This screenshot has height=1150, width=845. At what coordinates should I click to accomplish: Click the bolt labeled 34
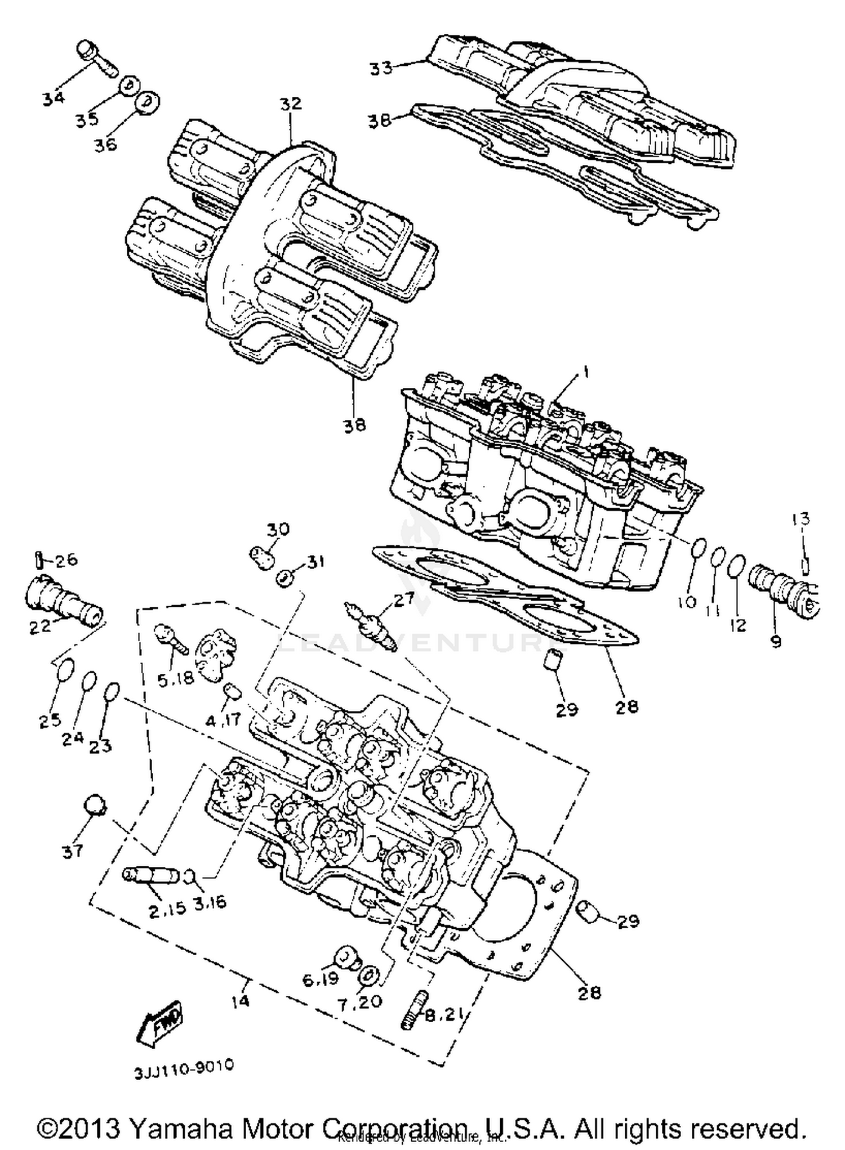97,59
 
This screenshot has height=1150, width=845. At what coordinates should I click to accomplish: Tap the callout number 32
291,104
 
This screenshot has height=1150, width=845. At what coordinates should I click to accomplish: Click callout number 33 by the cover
381,69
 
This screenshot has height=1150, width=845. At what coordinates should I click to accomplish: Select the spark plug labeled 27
372,624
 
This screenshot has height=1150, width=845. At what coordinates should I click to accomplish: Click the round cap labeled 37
94,806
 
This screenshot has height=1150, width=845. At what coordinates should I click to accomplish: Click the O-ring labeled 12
737,565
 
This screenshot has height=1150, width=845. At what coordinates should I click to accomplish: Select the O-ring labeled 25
66,670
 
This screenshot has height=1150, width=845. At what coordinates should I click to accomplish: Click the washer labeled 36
148,102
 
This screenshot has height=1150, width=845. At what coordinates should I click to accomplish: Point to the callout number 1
585,372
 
